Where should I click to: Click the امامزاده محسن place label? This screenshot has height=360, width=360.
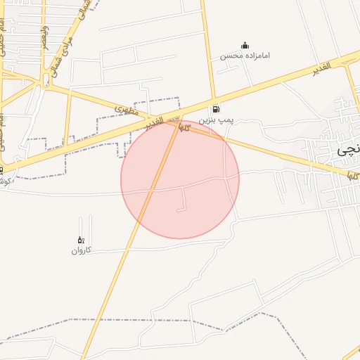pyautogui.click(x=245, y=56)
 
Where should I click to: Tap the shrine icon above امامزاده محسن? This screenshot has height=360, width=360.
pyautogui.click(x=245, y=45)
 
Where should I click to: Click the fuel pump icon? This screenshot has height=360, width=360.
pyautogui.click(x=215, y=110)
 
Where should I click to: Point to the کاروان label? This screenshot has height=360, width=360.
pyautogui.click(x=81, y=250)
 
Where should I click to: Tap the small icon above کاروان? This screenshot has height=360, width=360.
pyautogui.click(x=80, y=240)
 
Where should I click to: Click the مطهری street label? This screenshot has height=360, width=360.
pyautogui.click(x=124, y=110)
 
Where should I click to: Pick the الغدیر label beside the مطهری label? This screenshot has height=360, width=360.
pyautogui.click(x=156, y=122)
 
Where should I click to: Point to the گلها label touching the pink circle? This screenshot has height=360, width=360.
pyautogui.click(x=185, y=127)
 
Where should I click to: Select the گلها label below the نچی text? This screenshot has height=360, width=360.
pyautogui.click(x=354, y=174)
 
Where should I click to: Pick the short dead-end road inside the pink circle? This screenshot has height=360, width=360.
pyautogui.click(x=186, y=201)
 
